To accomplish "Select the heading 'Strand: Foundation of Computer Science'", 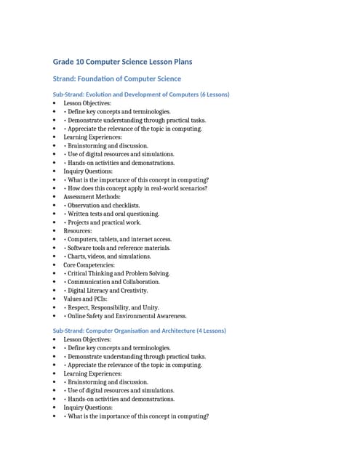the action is (116, 78).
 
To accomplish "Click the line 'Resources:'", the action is (78, 231).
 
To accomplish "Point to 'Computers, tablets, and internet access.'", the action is (119, 240).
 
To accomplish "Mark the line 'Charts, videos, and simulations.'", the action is (109, 256).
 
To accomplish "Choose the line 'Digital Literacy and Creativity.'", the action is (110, 291).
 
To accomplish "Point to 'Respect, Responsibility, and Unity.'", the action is (113, 308).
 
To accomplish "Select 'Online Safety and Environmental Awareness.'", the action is (127, 316).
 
